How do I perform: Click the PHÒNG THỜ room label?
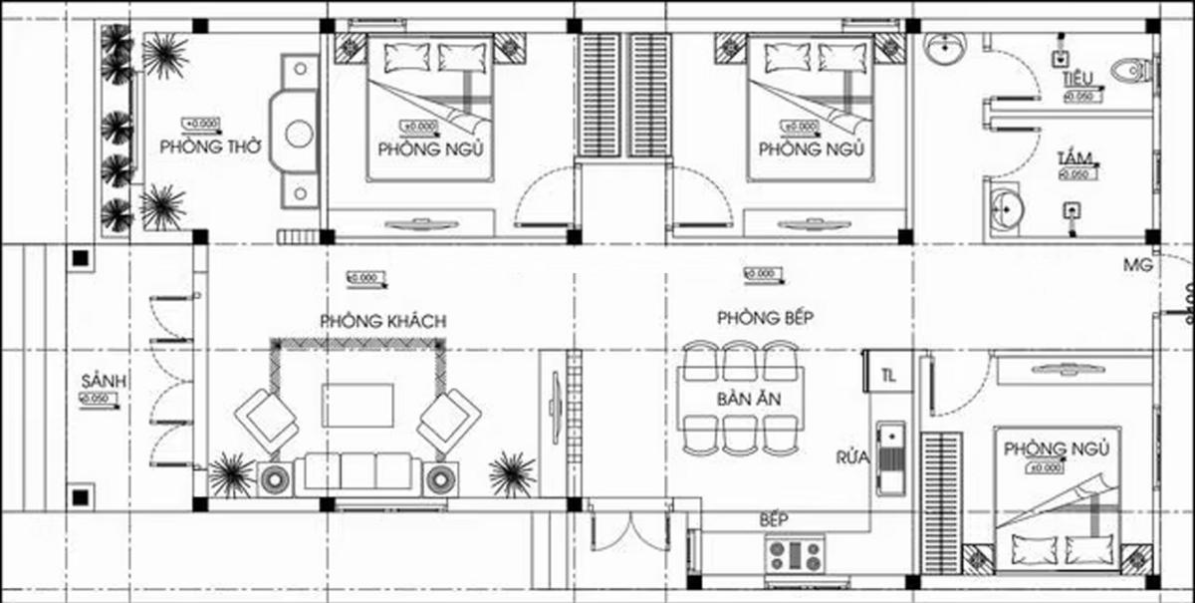pyautogui.click(x=210, y=146)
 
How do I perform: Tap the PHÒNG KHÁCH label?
pyautogui.click(x=382, y=321)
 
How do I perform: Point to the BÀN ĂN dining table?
pyautogui.click(x=742, y=398)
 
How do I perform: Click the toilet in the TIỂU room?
pyautogui.click(x=1131, y=71)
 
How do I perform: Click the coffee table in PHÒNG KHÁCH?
pyautogui.click(x=357, y=405)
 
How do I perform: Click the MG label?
pyautogui.click(x=1136, y=265)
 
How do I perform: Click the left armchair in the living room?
pyautogui.click(x=266, y=418)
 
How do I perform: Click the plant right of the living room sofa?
pyautogui.click(x=512, y=473)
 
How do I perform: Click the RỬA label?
pyautogui.click(x=853, y=458)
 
